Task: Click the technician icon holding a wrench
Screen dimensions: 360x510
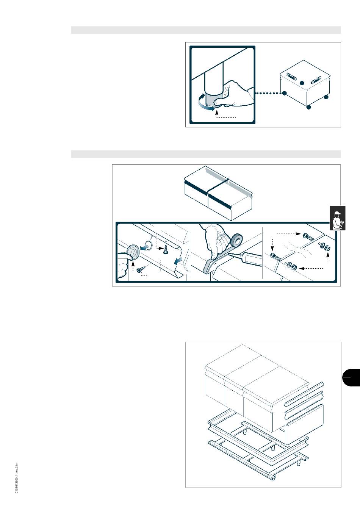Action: [x=338, y=218]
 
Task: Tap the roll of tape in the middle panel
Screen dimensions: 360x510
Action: [x=236, y=240]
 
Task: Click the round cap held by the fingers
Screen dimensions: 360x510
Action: [x=132, y=252]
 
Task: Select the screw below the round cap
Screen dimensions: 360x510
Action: [x=140, y=269]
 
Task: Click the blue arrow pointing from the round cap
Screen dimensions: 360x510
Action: [x=143, y=247]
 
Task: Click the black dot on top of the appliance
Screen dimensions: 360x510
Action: [x=302, y=83]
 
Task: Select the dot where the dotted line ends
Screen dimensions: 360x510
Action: [x=284, y=93]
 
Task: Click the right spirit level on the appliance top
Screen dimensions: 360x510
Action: [x=316, y=80]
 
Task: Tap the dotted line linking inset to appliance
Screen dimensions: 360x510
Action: [x=268, y=93]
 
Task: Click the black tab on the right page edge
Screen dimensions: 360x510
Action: [x=351, y=377]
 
